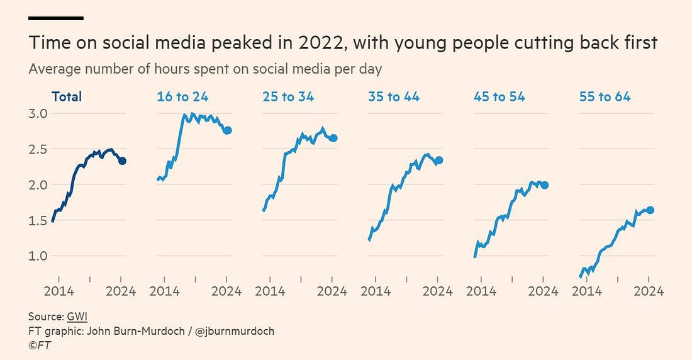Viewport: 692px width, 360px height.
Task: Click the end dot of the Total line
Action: pos(122,161)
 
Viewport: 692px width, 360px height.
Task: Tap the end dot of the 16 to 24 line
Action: pos(228,130)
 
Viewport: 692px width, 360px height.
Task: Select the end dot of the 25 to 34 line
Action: pos(333,138)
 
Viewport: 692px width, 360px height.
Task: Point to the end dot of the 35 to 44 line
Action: pos(439,160)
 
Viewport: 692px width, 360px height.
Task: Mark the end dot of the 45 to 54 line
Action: pos(545,185)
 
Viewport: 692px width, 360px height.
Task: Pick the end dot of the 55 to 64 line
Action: pos(650,210)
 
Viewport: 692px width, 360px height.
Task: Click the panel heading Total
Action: pos(67,97)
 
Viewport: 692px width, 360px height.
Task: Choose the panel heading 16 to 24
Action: pos(182,97)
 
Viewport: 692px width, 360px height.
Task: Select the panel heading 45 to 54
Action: pos(499,97)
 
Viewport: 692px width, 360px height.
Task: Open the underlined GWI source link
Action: pos(77,317)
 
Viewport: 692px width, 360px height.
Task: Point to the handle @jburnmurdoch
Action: pos(236,331)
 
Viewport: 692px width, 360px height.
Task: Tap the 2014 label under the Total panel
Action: pos(59,291)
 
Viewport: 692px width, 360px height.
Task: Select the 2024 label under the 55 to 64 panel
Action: pos(649,291)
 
